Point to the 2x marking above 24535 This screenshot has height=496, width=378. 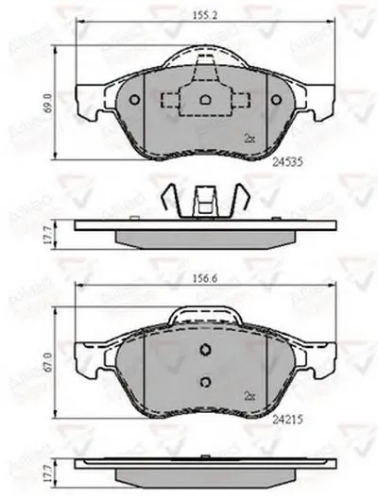249,137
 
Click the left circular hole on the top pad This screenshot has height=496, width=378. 135,101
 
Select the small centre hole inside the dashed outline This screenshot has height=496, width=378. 202,99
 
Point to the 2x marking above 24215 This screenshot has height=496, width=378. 249,395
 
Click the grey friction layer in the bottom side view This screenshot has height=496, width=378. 202,473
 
